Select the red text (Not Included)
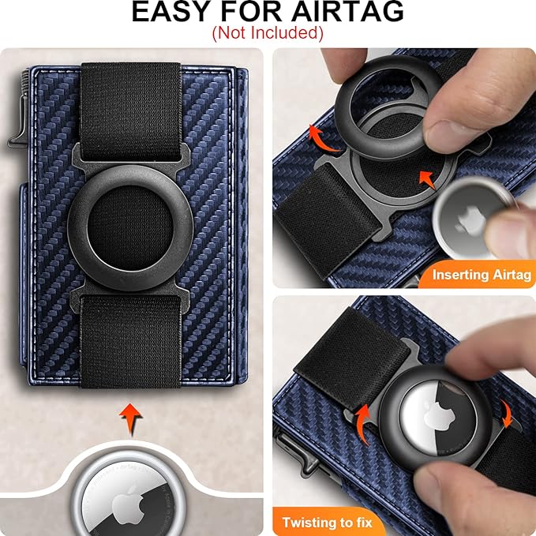click(x=268, y=33)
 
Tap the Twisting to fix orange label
click(x=332, y=522)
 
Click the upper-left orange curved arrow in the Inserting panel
click(x=320, y=137)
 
